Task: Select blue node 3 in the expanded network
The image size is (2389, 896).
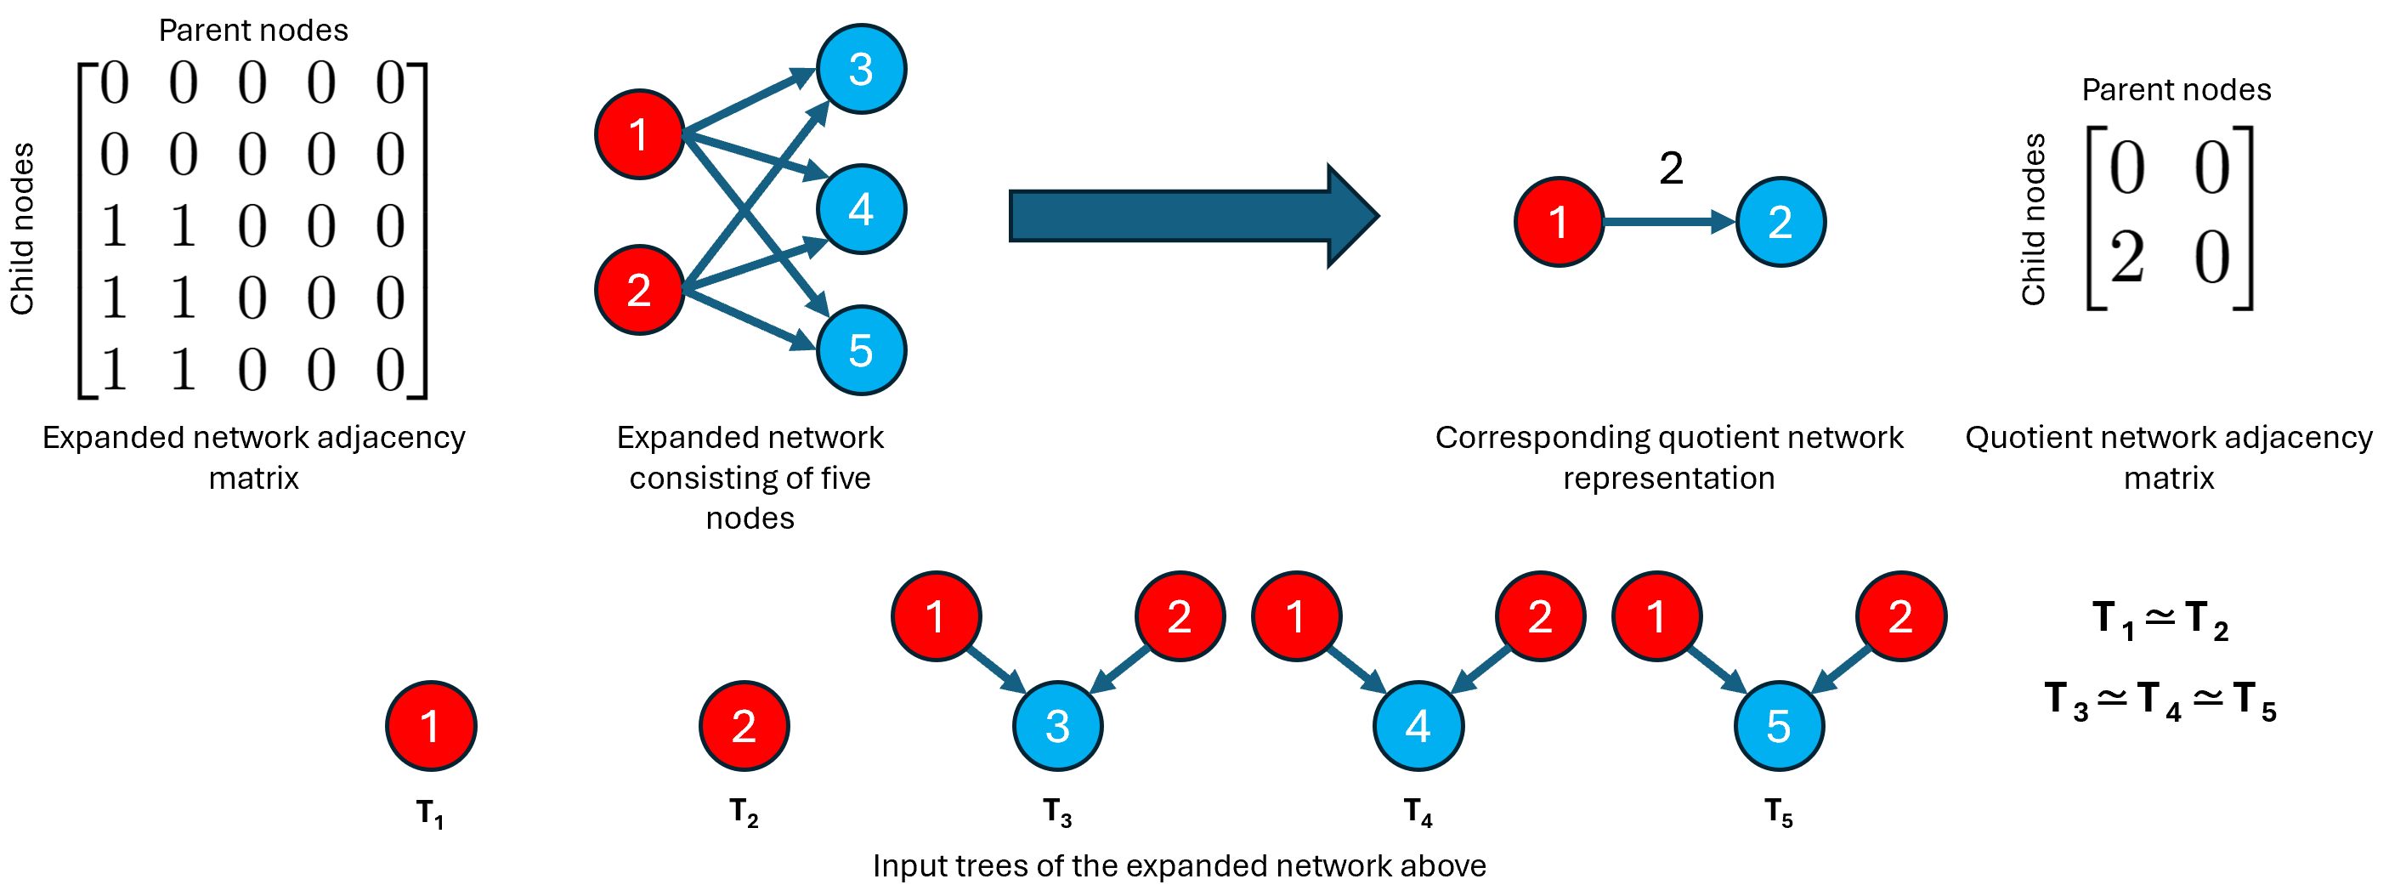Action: point(861,70)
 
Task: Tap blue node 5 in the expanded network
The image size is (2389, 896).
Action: point(861,350)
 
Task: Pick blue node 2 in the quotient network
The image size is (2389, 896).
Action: point(1780,223)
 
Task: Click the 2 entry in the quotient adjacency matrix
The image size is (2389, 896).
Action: point(2126,258)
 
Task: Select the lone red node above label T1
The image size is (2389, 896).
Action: point(430,726)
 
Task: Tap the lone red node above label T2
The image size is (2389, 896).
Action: point(744,726)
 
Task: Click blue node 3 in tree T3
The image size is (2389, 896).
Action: point(1057,726)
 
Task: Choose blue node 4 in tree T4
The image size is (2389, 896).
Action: point(1418,726)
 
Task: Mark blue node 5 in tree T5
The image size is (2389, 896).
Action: point(1778,726)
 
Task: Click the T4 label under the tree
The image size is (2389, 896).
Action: point(1418,812)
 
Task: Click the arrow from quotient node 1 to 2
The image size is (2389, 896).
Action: point(1667,223)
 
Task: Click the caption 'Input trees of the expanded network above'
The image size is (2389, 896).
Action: point(1179,866)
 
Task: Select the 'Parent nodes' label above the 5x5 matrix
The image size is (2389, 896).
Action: point(253,31)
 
